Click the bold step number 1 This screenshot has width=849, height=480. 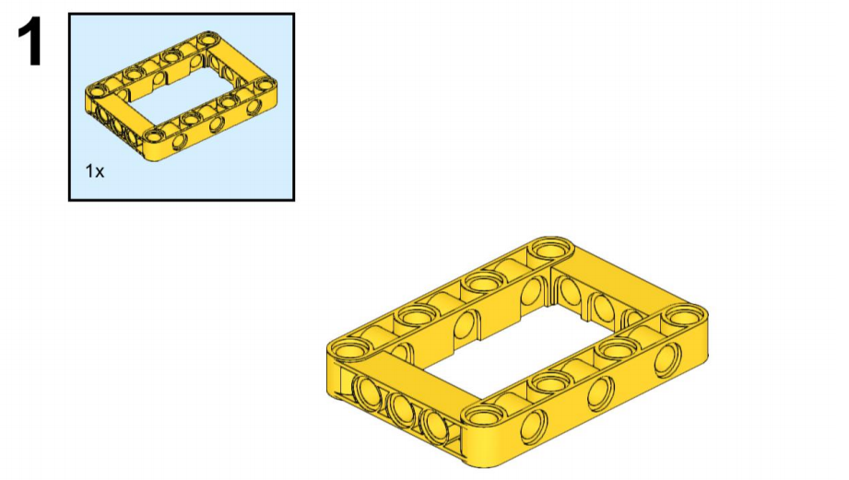tap(30, 41)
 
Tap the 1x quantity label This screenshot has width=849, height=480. tap(94, 171)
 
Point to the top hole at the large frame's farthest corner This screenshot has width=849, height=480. tap(551, 250)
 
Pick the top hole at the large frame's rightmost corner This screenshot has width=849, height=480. tap(685, 317)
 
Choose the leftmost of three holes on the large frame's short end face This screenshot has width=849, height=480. tap(368, 392)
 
